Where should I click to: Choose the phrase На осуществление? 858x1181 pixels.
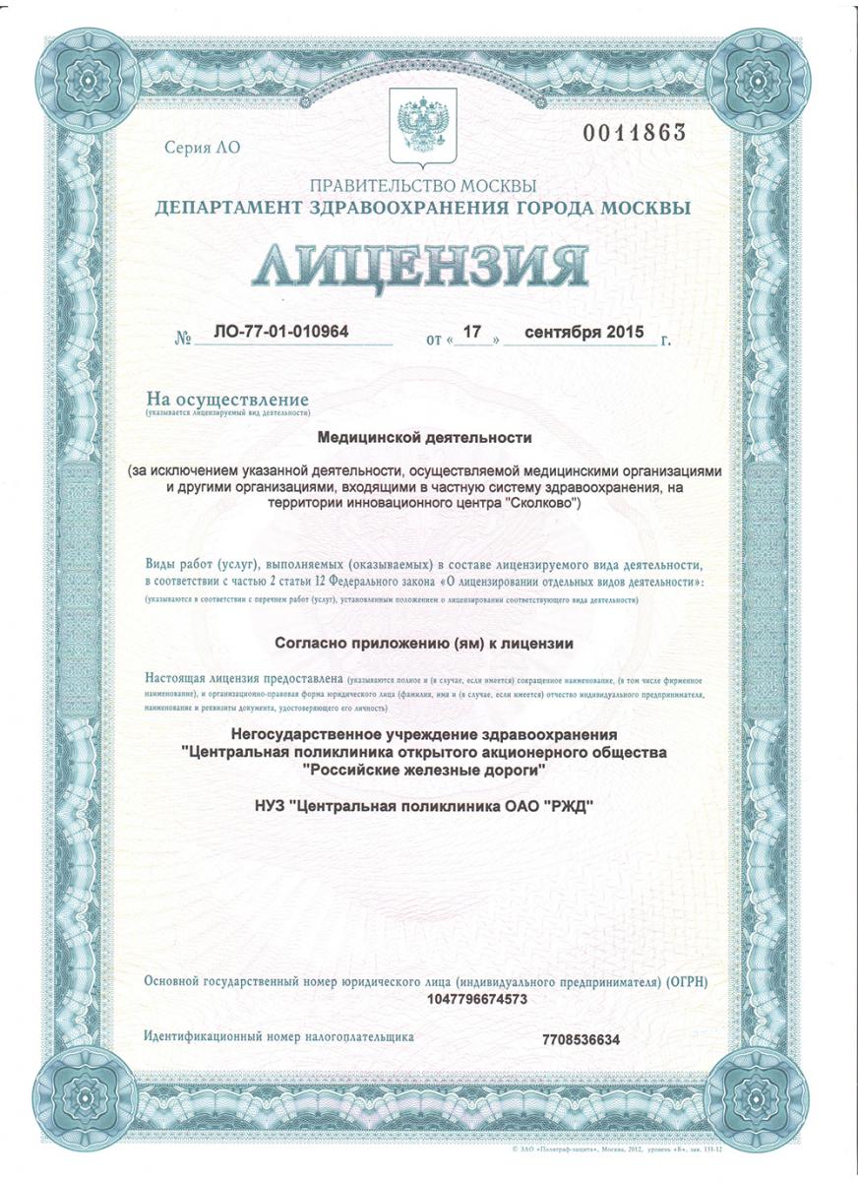[x=227, y=400]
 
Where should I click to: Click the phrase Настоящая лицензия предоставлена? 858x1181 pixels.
[x=244, y=679]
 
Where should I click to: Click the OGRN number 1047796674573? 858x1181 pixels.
[x=478, y=999]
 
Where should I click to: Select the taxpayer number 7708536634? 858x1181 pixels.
[x=582, y=1039]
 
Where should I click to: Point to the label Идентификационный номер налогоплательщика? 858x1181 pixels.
[x=279, y=1036]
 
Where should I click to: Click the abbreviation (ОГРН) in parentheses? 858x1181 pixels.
[x=686, y=982]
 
